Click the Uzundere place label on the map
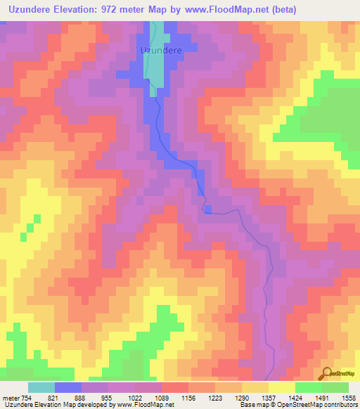tap(162, 51)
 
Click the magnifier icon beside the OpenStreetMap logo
tap(326, 373)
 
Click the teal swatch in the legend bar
tap(41, 387)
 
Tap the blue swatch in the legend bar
tap(68, 387)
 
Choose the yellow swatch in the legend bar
tap(282, 387)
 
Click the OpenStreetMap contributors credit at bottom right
tap(321, 405)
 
